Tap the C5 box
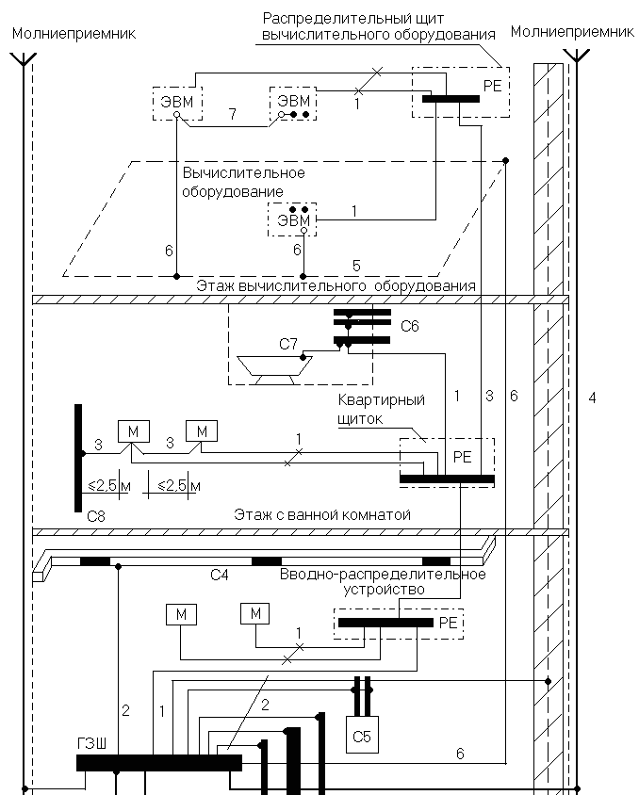tap(362, 736)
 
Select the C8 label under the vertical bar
tap(96, 516)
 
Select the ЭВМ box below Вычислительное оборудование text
tap(292, 220)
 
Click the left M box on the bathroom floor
tap(133, 430)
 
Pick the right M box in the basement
tap(254, 614)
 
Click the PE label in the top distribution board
tap(492, 85)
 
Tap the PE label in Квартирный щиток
tap(463, 456)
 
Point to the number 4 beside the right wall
tap(592, 397)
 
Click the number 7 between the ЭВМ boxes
tap(231, 114)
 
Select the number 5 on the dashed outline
tap(356, 265)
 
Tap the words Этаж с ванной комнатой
tap(322, 514)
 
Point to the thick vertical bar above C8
tap(78, 457)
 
